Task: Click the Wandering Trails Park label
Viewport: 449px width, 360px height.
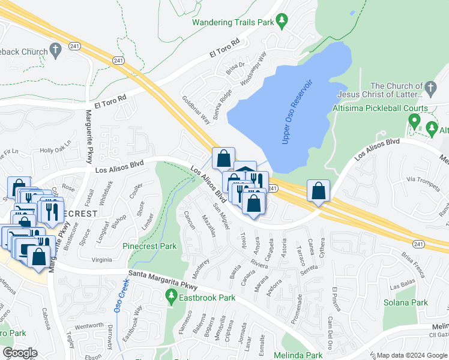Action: click(232, 23)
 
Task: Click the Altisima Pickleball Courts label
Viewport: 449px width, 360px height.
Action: click(380, 108)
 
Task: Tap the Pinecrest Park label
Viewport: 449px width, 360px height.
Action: click(149, 246)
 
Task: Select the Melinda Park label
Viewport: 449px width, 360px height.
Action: click(298, 355)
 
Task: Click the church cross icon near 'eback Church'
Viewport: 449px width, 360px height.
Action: click(57, 51)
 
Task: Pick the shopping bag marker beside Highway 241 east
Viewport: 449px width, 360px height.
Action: click(318, 191)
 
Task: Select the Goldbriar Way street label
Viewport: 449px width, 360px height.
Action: click(196, 109)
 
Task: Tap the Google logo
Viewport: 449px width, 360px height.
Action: click(20, 353)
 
